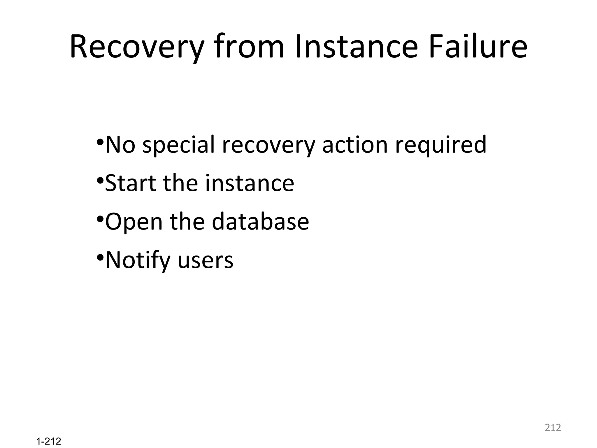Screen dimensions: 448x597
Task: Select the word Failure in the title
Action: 478,47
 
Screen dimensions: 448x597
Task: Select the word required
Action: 440,145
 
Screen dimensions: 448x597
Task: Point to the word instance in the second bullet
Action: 250,183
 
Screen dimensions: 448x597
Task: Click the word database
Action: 260,222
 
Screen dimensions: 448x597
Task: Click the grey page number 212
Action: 553,428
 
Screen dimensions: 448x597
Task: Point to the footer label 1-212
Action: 49,442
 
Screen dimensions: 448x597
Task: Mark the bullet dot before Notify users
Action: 100,258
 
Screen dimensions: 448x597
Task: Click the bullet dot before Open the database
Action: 100,219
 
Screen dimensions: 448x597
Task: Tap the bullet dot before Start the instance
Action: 100,180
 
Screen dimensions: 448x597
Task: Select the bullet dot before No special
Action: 100,142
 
